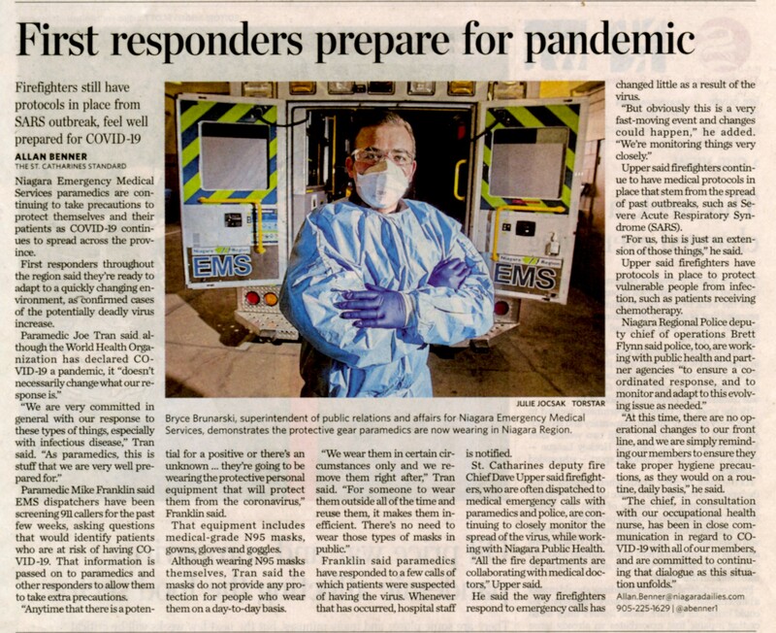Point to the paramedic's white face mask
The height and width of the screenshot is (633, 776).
click(x=381, y=184)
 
